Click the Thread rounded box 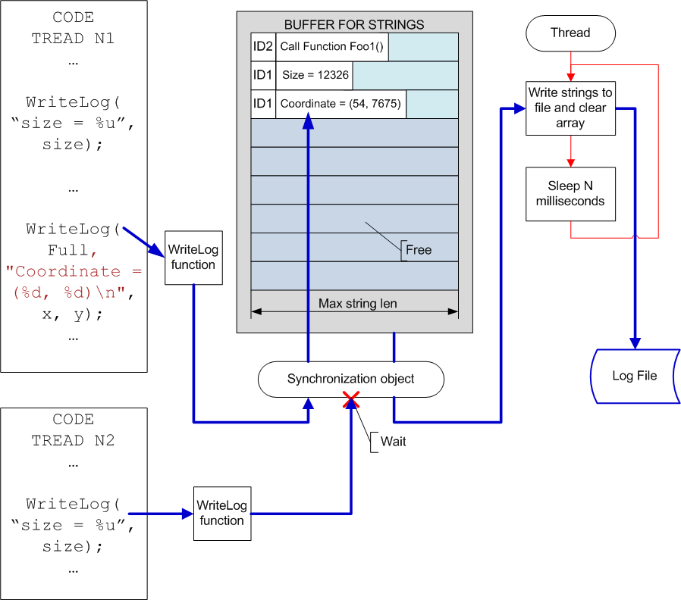pos(570,33)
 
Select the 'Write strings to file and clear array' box pos(570,108)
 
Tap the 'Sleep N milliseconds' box pos(570,194)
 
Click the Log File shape pos(635,377)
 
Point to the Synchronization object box pos(351,380)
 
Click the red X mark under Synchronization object pos(351,399)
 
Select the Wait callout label pos(393,442)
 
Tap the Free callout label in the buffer pos(419,250)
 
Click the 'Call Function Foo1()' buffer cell pos(332,46)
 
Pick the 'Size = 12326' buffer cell pos(315,75)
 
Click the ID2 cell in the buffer pos(262,46)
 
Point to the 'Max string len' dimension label pos(357,303)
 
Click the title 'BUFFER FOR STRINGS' pos(354,25)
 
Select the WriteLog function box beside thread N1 pos(193,258)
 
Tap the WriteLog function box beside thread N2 pos(222,513)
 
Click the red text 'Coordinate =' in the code pos(74,271)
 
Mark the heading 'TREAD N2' pos(73,440)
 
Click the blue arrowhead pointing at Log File pos(635,343)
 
